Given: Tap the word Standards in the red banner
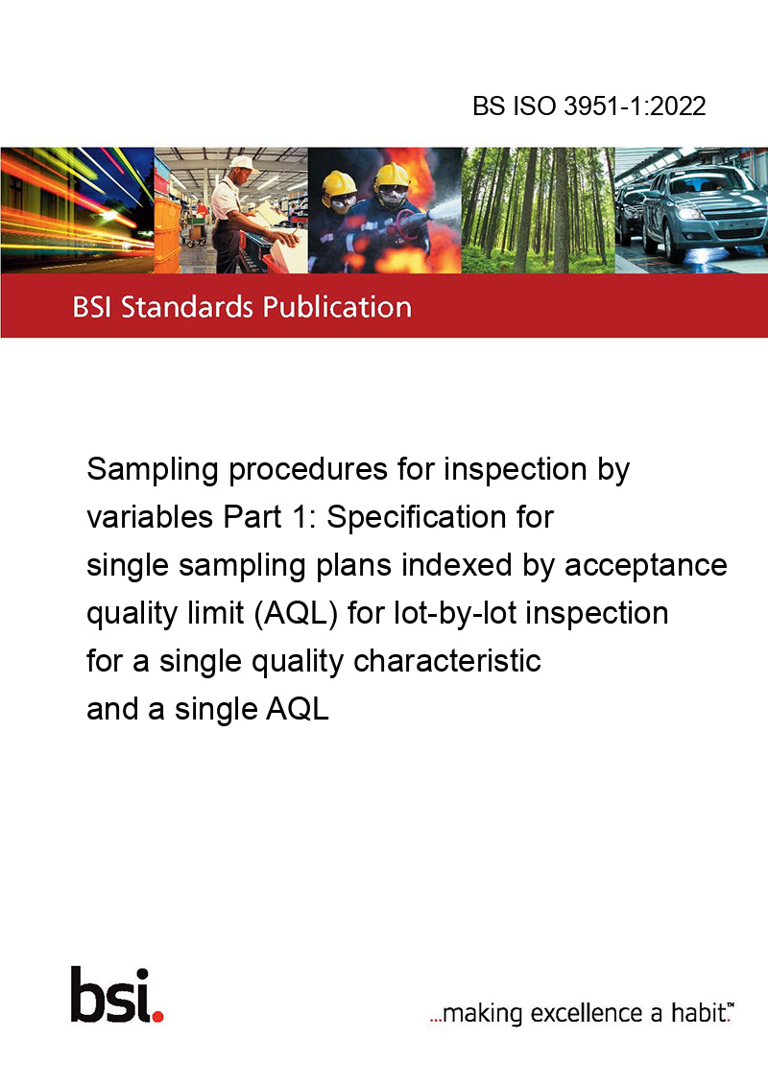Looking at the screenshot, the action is [187, 307].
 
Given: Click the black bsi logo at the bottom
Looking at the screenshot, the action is [111, 995].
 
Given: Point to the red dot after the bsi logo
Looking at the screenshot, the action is [158, 1016].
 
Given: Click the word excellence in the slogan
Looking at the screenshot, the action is [587, 1013].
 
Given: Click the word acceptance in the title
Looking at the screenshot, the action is [646, 566].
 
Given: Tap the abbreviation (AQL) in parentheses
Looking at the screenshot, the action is [296, 614].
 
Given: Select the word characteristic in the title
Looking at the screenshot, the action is [447, 661].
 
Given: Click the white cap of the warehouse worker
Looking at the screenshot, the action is [242, 163].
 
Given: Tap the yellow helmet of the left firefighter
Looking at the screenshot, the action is [338, 183].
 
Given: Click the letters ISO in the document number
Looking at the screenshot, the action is [534, 106].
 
